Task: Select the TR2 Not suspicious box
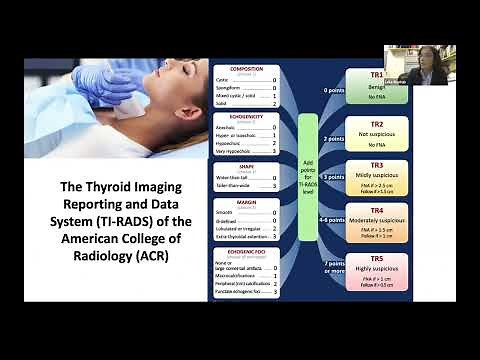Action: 375,132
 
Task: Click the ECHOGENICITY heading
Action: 247,116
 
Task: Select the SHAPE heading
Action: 247,165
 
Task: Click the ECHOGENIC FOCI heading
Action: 247,251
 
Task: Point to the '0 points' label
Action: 332,90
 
